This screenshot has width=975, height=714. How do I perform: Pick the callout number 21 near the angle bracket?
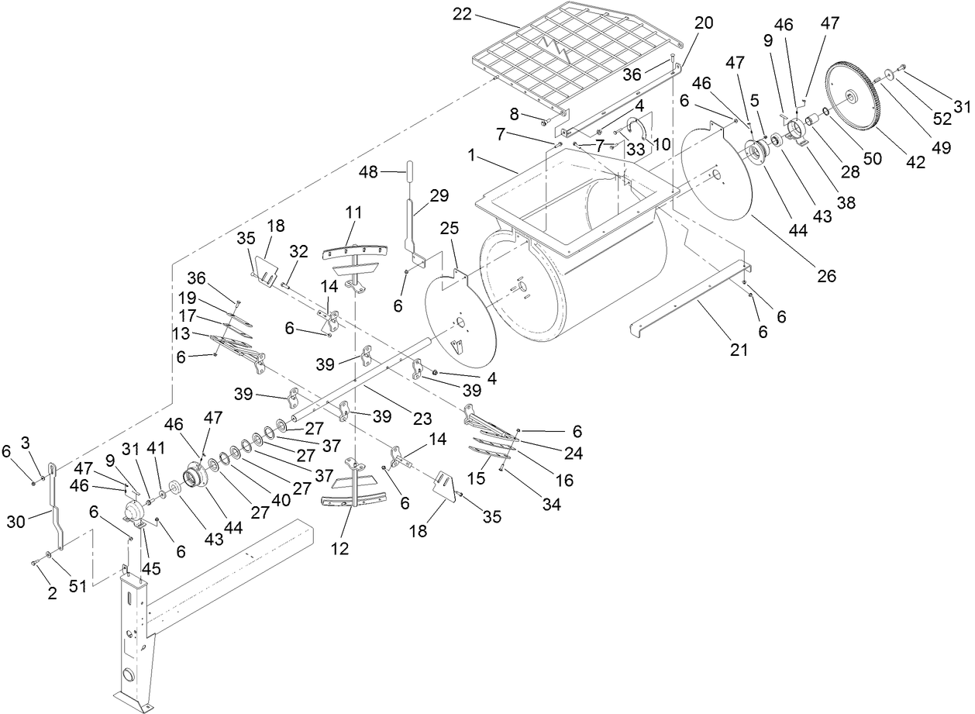click(x=739, y=349)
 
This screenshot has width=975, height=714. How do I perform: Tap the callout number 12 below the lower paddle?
click(x=339, y=549)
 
